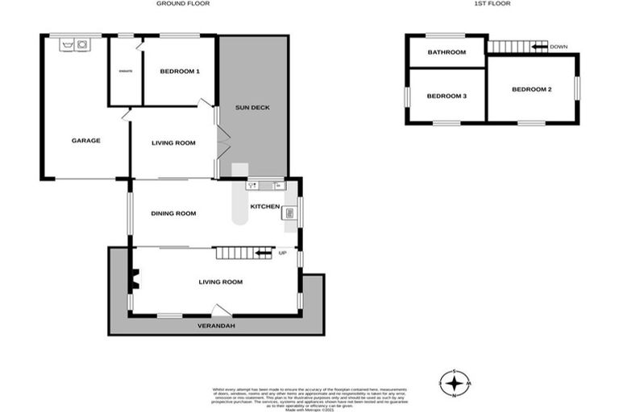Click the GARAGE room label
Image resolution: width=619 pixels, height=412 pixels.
86,141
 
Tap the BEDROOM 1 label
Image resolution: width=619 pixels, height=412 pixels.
179,72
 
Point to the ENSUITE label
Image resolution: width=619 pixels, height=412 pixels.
126,72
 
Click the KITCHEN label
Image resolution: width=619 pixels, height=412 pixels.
265,207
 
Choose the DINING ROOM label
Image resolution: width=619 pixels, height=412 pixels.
174,213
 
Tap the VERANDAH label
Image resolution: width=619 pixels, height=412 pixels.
217,327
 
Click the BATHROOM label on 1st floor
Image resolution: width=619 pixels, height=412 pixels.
447,52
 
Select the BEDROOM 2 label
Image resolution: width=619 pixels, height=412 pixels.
532,89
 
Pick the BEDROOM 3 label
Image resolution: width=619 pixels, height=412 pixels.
447,97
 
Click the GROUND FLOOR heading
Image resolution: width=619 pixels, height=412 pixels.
182,4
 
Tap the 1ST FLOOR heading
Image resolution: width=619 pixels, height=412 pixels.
493,4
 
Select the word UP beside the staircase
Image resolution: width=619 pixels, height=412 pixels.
282,254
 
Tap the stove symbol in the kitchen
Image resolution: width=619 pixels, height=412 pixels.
290,213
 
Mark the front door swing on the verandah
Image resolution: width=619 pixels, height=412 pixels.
220,311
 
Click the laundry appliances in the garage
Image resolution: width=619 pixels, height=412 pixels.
73,46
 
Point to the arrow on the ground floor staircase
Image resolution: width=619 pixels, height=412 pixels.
263,254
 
